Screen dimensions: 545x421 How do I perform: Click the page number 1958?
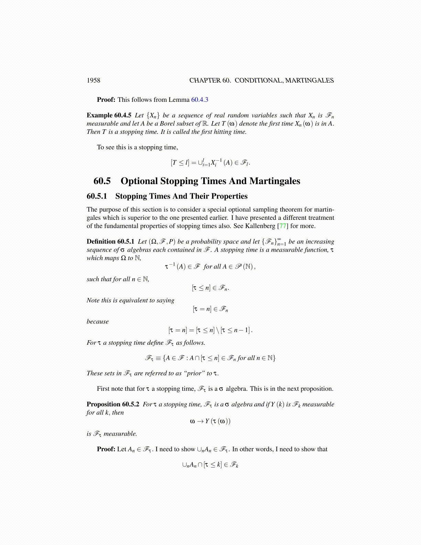93,81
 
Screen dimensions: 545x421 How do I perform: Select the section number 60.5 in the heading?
102,181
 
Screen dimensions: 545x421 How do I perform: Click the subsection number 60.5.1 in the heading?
97,196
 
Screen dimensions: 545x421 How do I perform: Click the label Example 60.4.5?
109,115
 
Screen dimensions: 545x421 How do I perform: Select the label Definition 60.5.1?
110,242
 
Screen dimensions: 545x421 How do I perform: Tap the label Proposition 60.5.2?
113,404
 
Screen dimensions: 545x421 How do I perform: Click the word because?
98,322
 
